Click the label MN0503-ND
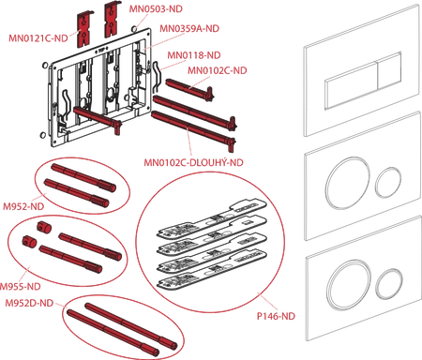(x=156, y=8)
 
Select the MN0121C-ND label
(x=38, y=38)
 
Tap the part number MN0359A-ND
(x=189, y=28)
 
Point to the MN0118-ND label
(x=194, y=55)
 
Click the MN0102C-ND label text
(x=218, y=70)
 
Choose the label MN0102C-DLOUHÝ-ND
(x=193, y=162)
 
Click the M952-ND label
(x=23, y=206)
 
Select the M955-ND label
(x=20, y=287)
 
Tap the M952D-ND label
(x=29, y=303)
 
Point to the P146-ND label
(x=276, y=316)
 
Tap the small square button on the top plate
(x=389, y=71)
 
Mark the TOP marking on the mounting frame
(x=101, y=50)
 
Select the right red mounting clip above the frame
(x=113, y=20)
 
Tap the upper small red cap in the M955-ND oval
(x=43, y=227)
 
